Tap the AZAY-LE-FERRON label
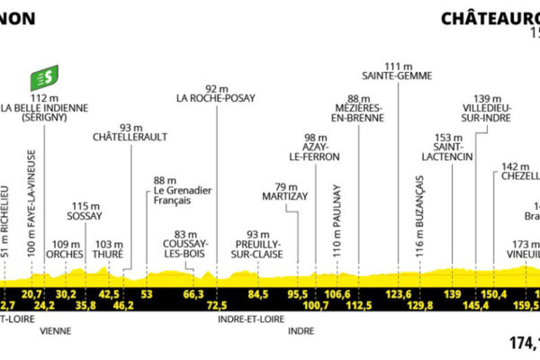[310, 151]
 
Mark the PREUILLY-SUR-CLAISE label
[259, 247]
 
